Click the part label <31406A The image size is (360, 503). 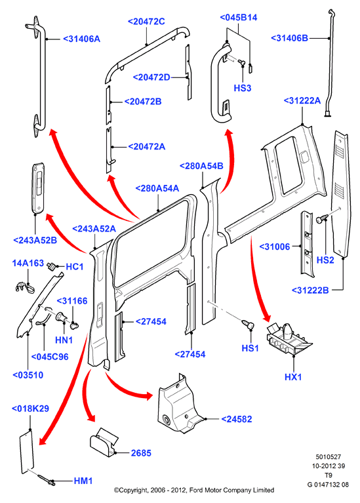(81, 39)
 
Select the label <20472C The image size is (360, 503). (146, 22)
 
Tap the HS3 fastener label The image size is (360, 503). (242, 88)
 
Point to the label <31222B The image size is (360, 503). (310, 290)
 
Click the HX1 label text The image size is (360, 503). (293, 376)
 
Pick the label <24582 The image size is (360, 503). (237, 419)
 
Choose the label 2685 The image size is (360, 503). (141, 453)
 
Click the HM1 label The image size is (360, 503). (83, 481)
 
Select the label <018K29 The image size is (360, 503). (30, 409)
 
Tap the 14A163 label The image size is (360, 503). (28, 263)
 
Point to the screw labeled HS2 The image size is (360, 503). (321, 219)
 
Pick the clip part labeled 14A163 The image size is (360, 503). (25, 287)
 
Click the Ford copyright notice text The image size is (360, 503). (194, 490)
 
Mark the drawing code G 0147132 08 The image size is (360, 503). (328, 485)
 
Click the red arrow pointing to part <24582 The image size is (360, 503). (127, 389)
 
